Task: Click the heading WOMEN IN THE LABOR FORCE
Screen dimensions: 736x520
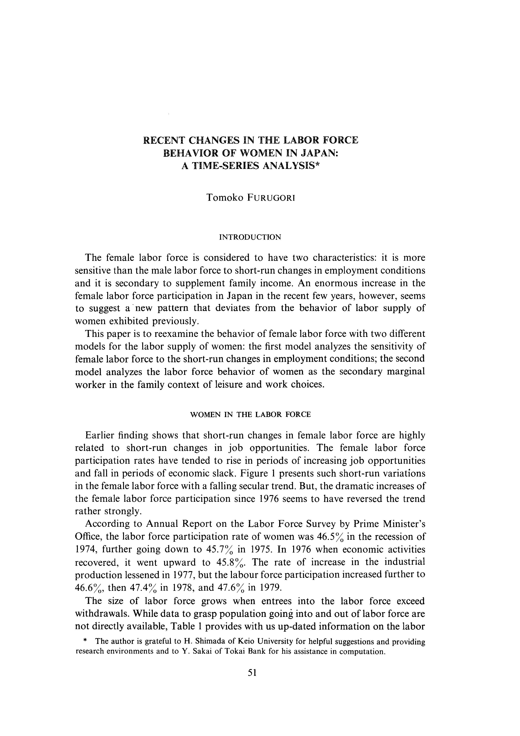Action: (251, 414)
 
